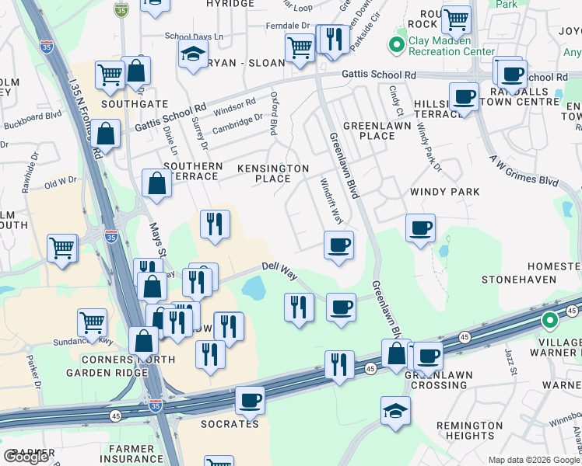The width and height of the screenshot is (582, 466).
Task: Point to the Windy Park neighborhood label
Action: (444, 191)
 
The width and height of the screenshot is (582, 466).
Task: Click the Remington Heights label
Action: (470, 430)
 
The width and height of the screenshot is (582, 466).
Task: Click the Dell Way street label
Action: (279, 267)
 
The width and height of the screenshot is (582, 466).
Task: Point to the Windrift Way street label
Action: (331, 200)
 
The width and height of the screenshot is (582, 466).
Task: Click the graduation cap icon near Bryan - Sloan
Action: (192, 54)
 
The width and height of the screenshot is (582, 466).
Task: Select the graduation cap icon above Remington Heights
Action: (395, 409)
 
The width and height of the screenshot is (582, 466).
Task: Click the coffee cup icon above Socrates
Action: (250, 400)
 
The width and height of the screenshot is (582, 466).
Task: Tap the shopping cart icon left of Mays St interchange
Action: (61, 248)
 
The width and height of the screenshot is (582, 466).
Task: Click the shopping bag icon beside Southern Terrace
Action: (156, 183)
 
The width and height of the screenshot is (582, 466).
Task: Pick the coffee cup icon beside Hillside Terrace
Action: (464, 97)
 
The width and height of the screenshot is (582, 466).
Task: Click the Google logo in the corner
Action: (26, 457)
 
